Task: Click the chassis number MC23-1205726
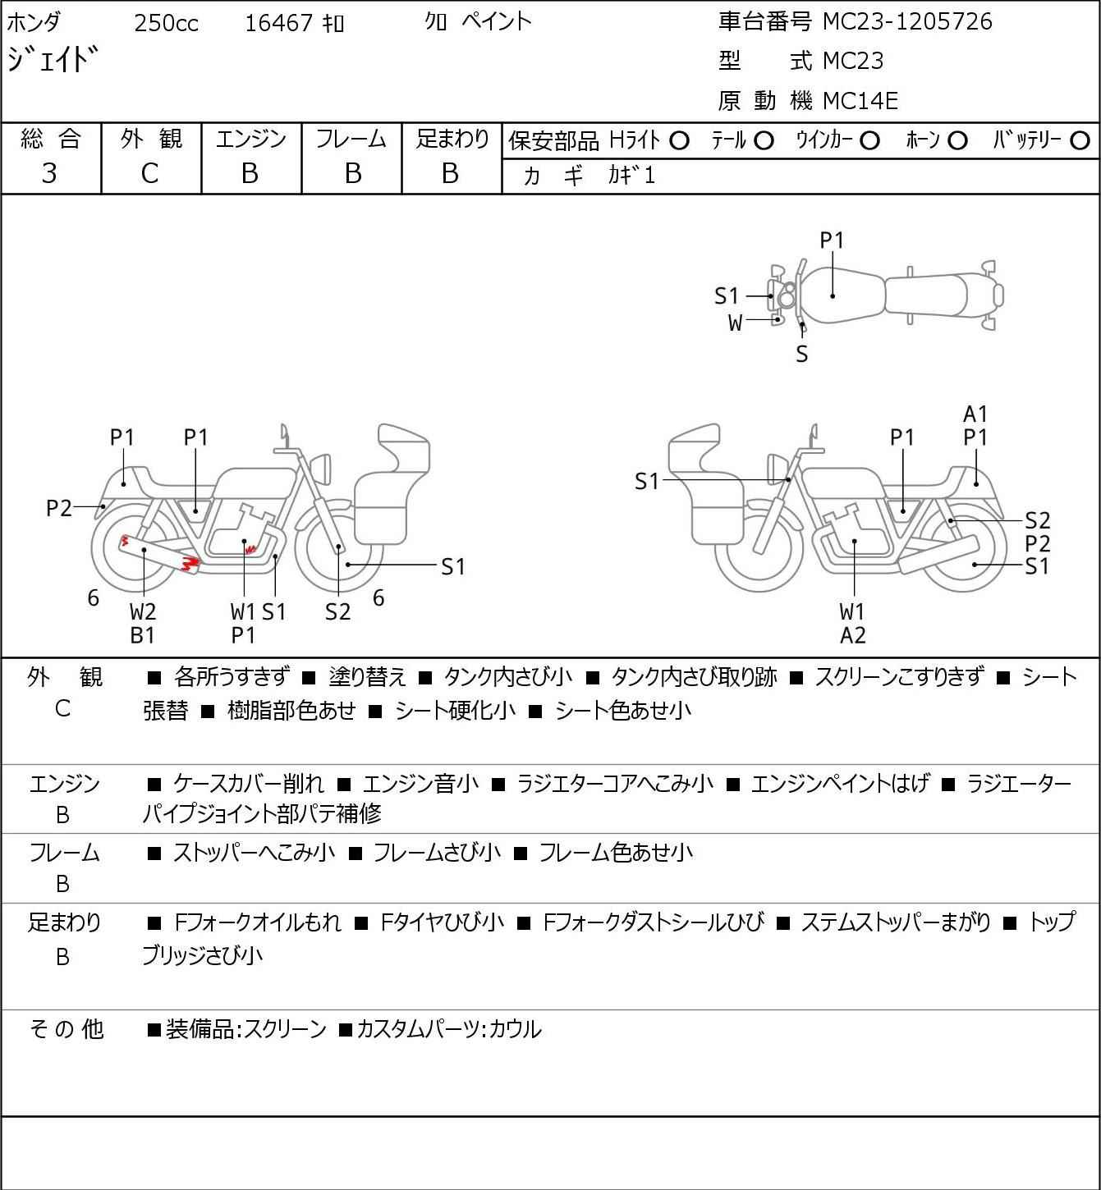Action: click(x=907, y=21)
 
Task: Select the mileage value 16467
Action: click(x=279, y=23)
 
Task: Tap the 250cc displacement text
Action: click(x=166, y=23)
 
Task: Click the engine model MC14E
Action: click(x=860, y=101)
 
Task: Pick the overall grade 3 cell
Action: click(x=49, y=173)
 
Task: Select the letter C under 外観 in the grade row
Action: click(x=149, y=173)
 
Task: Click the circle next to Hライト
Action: click(x=679, y=141)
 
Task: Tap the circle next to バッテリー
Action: click(x=1080, y=141)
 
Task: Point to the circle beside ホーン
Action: click(x=957, y=141)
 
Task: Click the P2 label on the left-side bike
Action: click(x=59, y=508)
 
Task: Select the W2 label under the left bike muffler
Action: click(x=143, y=611)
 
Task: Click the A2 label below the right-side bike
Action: click(x=853, y=635)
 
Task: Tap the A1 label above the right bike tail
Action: click(x=975, y=414)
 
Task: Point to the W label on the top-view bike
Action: click(x=735, y=323)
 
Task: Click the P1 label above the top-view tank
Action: click(x=832, y=241)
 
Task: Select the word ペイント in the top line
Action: click(x=497, y=21)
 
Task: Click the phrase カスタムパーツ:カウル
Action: click(x=449, y=1029)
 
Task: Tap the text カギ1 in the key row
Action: click(x=631, y=176)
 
